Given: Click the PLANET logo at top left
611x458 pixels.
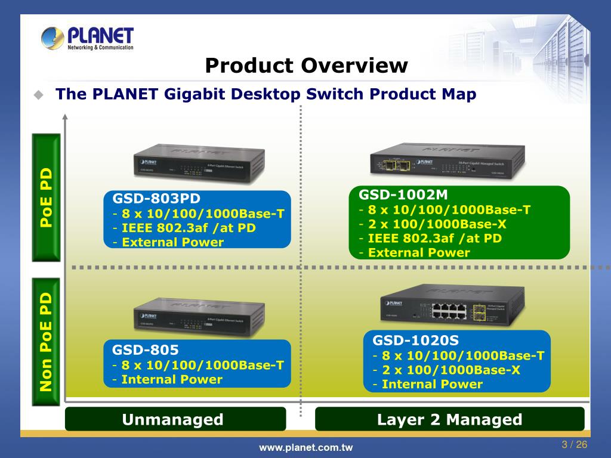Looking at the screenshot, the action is click(x=87, y=38).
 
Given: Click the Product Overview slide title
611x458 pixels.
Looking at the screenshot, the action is click(x=306, y=66).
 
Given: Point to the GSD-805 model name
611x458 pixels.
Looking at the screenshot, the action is click(x=146, y=350).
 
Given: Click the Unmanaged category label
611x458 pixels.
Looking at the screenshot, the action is click(x=172, y=420).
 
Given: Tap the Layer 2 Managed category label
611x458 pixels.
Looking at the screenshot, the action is click(x=449, y=420).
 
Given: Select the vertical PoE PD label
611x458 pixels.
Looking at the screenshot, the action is click(x=46, y=197).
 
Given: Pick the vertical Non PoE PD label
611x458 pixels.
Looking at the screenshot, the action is click(x=46, y=342).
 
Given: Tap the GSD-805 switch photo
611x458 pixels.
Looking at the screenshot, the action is click(x=199, y=316).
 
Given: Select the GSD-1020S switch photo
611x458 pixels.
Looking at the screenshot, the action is click(x=452, y=306).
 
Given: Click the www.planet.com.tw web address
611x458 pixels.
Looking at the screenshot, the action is click(x=305, y=448).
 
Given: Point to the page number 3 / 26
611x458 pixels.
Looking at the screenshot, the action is click(x=575, y=445).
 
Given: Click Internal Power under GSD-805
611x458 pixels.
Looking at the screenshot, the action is click(x=172, y=380).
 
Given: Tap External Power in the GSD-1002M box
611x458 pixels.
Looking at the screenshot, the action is click(x=419, y=253).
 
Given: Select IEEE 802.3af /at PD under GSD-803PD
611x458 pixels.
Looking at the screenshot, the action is click(x=189, y=228).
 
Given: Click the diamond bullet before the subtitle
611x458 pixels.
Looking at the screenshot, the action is click(x=39, y=95).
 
